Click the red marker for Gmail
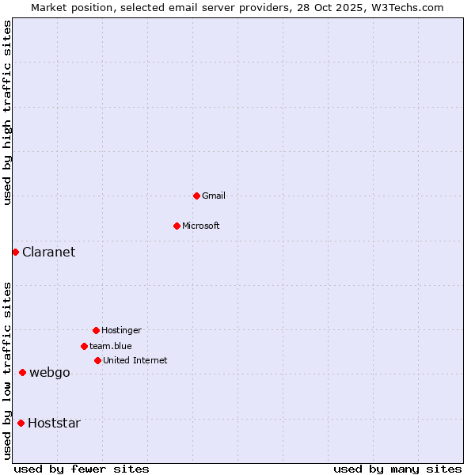pos(196,196)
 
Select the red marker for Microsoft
pos(177,226)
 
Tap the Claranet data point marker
pos(15,252)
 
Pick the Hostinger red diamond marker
pos(96,330)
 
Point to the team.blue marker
pos(84,346)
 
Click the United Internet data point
pos(97,360)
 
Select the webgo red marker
pos(22,372)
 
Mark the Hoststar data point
pos(21,423)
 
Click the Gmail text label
pos(214,196)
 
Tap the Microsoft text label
pos(201,226)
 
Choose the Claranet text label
pos(49,252)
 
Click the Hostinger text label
pos(121,330)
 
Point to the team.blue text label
pos(111,346)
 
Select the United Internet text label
pos(135,360)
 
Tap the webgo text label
pos(50,372)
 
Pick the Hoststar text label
pos(54,423)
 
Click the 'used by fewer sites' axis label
pos(82,469)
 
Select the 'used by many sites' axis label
pos(397,469)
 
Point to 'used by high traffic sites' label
pos(7,112)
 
